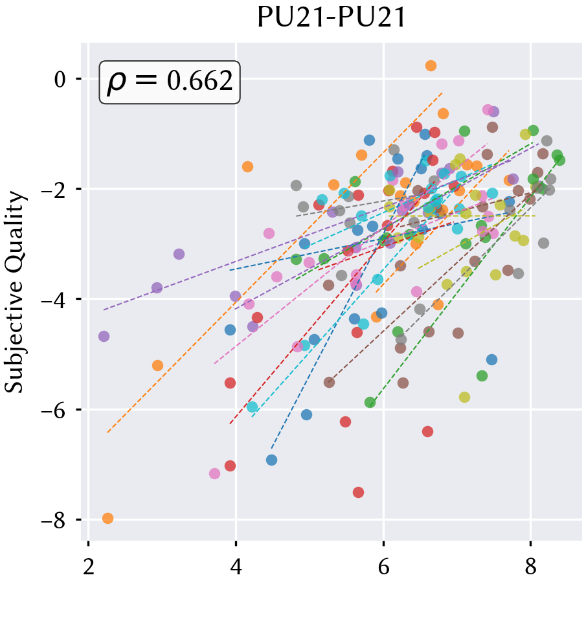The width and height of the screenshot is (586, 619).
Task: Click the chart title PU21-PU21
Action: (332, 17)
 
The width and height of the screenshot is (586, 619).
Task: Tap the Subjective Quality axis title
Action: (15, 292)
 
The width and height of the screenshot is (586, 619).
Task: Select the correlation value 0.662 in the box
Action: (200, 81)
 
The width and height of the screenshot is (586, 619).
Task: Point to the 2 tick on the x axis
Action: (89, 567)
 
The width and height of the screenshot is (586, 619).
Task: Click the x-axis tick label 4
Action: (236, 567)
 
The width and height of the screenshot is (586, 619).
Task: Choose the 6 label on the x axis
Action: (383, 567)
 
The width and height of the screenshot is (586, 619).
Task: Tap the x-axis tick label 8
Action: (531, 567)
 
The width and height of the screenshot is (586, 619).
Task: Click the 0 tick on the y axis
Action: (60, 80)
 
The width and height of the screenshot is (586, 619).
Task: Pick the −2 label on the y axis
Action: (53, 190)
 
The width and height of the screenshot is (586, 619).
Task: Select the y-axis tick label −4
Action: (53, 300)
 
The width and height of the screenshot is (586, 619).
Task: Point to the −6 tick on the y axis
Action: (53, 410)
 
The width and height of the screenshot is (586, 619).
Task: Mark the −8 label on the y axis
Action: (53, 521)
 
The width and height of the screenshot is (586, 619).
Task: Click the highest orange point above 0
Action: (431, 65)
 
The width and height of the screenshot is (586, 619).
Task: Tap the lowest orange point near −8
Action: (107, 519)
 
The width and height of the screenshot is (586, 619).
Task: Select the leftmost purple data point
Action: (104, 336)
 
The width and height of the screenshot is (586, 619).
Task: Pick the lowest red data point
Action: (358, 492)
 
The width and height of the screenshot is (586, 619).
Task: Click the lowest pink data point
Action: (214, 473)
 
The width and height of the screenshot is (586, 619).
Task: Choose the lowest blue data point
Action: (272, 460)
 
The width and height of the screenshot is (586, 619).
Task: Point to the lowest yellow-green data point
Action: (465, 397)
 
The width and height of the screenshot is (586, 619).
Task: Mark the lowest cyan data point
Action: (253, 407)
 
